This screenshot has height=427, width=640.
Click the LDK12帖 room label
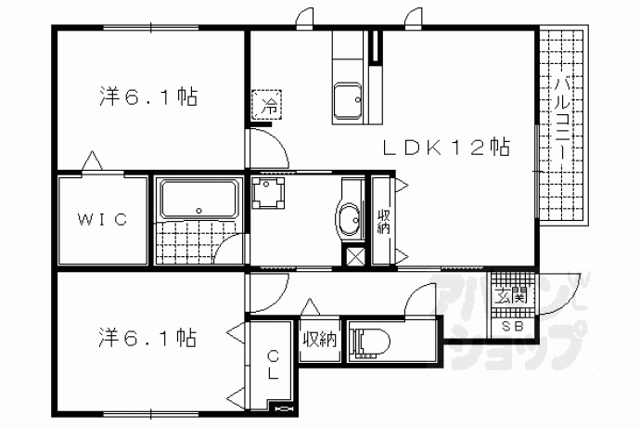[446, 148]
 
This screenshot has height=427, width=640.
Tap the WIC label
[102, 220]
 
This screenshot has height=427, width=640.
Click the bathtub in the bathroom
[198, 200]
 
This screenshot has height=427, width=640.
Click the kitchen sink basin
[348, 102]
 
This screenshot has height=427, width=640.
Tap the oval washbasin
[349, 219]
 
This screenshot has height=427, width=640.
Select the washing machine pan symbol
[268, 193]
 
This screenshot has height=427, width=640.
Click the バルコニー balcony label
[564, 119]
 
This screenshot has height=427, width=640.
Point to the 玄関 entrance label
[510, 295]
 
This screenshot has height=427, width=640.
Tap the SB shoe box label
[512, 326]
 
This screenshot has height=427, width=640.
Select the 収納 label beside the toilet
[320, 340]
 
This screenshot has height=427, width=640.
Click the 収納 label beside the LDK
[383, 222]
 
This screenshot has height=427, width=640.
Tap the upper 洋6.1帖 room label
[148, 97]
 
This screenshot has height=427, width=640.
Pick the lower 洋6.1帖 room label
[147, 338]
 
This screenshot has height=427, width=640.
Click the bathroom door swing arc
[226, 245]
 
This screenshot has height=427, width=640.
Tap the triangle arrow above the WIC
[93, 161]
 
